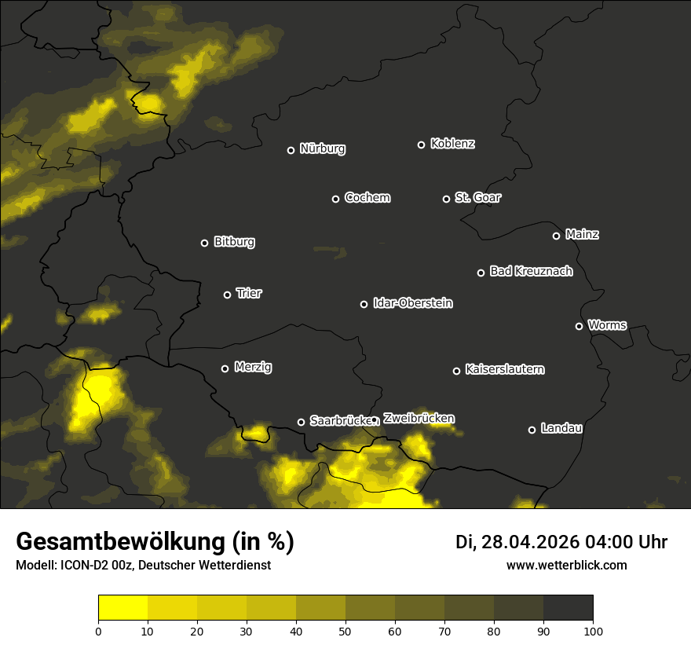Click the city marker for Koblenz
tap(421, 145)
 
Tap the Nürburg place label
tap(322, 149)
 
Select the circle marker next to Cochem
tap(335, 199)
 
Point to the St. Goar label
tap(477, 198)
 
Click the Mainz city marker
tap(556, 236)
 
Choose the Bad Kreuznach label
tap(531, 272)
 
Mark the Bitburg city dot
tap(204, 243)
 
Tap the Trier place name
tap(249, 294)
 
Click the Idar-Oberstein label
tap(412, 303)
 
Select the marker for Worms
tap(579, 326)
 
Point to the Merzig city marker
tap(225, 368)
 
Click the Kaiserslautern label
tap(504, 369)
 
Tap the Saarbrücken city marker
tap(301, 422)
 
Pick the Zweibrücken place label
tap(419, 419)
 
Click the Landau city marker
tap(532, 430)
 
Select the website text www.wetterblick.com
tap(566, 566)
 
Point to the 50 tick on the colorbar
tap(345, 631)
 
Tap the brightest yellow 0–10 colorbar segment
tap(122, 608)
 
